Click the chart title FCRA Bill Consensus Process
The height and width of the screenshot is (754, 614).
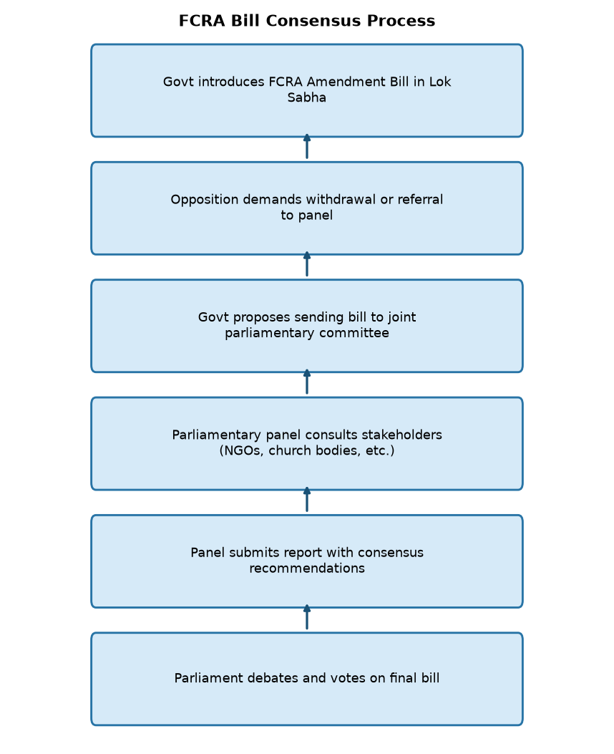(306, 21)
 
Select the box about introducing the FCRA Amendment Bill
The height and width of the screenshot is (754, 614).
(307, 90)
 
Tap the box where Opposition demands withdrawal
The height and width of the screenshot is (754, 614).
(307, 208)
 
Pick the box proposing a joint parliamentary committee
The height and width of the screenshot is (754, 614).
(307, 326)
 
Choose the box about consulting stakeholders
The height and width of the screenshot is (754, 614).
(307, 444)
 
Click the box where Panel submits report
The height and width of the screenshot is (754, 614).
(307, 561)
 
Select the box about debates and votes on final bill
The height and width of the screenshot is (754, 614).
(307, 679)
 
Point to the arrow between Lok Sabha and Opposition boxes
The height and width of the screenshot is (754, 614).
(307, 147)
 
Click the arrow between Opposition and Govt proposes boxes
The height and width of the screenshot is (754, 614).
(307, 264)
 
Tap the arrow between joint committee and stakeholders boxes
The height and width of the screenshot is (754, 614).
(307, 382)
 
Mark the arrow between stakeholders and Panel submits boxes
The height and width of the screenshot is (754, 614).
(307, 500)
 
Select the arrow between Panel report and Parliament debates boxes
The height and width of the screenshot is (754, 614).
(307, 617)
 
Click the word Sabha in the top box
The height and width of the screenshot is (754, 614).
(306, 97)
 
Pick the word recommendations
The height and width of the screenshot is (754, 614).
(307, 569)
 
